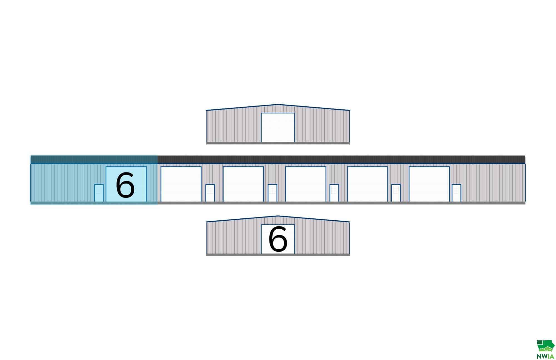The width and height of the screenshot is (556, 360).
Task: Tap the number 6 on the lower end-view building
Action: point(278,239)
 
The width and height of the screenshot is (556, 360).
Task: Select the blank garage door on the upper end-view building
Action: point(278,128)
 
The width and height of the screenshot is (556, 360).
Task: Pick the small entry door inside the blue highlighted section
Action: point(99,193)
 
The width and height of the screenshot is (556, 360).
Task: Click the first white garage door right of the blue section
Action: point(181,184)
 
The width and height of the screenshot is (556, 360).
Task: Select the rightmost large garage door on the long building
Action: point(429,184)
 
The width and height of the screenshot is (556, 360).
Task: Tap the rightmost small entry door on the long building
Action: point(456,193)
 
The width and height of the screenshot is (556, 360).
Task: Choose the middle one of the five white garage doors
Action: point(306,184)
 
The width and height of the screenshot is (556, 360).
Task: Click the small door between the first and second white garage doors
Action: point(210,193)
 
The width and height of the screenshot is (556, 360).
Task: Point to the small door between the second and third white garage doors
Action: point(272,193)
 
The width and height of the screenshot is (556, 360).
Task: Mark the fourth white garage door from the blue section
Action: point(367,184)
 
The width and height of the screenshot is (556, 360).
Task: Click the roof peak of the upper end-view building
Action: point(277,105)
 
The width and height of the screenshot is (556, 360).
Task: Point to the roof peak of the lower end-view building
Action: point(277,216)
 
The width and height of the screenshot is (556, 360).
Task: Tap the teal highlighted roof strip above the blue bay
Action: point(94,159)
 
